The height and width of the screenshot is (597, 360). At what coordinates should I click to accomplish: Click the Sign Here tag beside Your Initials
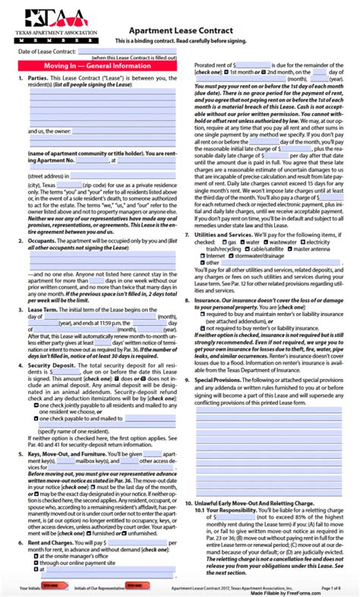click(x=50, y=587)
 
